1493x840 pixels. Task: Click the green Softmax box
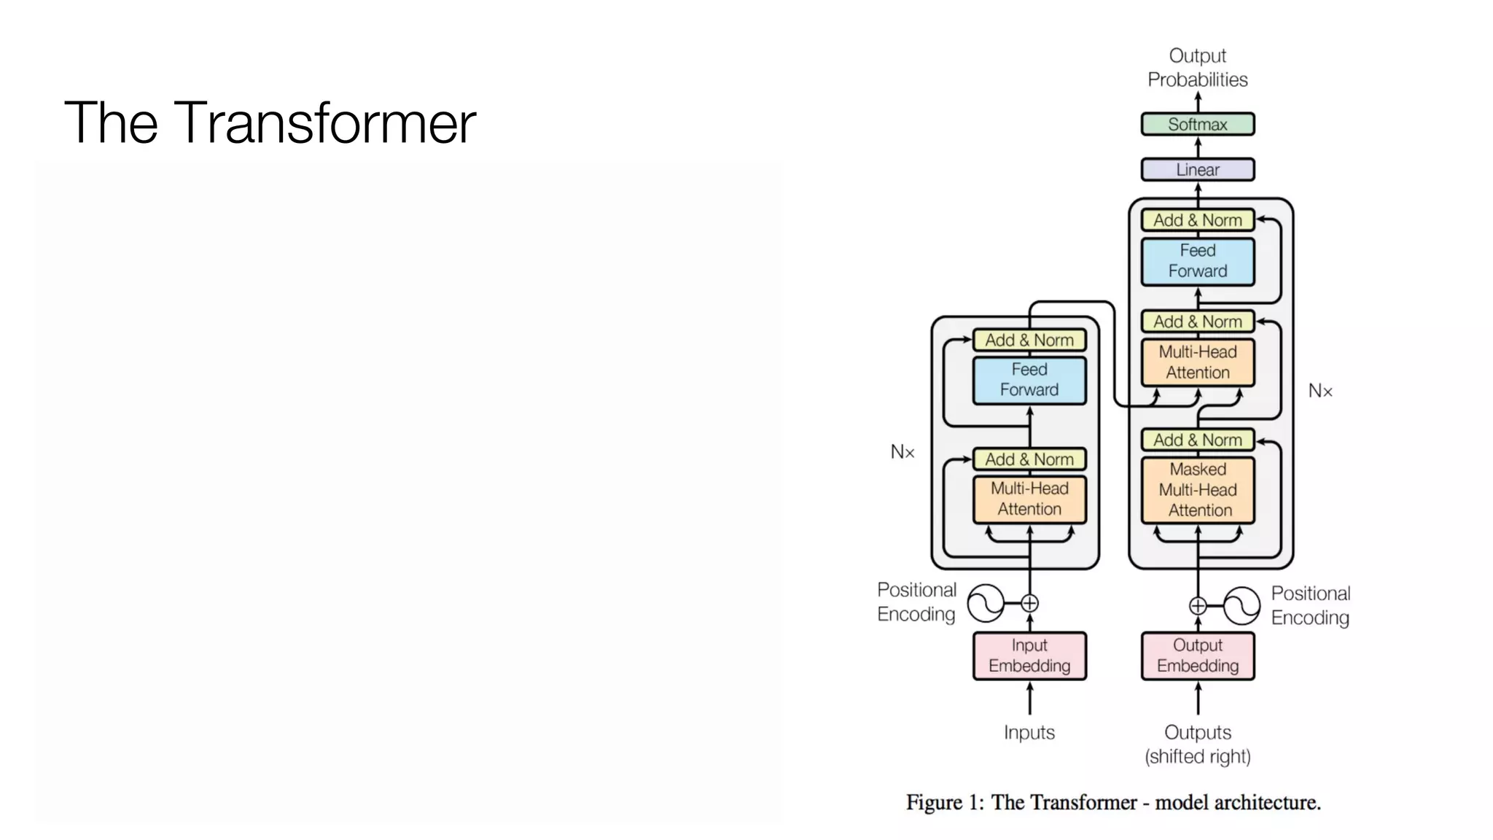(1197, 124)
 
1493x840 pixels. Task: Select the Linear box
(1197, 170)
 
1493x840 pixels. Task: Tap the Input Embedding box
(1029, 656)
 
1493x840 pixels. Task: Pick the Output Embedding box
(1197, 656)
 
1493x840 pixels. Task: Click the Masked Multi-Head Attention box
(1197, 490)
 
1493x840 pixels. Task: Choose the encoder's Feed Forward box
(1029, 380)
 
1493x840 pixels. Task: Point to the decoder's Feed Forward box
(1197, 261)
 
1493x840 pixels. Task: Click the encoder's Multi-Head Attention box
(1029, 499)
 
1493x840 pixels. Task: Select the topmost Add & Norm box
(1197, 220)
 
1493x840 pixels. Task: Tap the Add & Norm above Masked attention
(1197, 440)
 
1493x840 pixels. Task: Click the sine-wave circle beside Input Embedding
(986, 604)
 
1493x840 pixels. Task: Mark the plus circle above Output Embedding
(1198, 606)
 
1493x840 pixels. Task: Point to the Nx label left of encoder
(902, 452)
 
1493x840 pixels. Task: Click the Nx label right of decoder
(1319, 392)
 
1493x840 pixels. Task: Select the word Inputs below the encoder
(1029, 732)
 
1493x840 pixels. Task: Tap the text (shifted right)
(1197, 757)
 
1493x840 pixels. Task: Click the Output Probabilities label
(1197, 68)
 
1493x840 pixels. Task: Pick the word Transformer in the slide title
(324, 122)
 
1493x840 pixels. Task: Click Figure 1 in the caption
(944, 803)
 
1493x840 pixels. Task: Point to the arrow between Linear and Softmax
(1198, 147)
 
